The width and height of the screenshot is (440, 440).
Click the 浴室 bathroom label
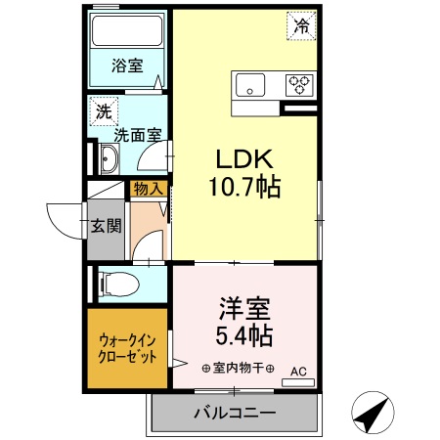click(127, 67)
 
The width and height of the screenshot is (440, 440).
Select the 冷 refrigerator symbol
click(302, 26)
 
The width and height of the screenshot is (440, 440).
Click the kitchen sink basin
click(250, 84)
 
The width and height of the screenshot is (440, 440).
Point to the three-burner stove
click(299, 85)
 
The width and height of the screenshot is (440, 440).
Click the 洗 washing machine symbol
click(102, 110)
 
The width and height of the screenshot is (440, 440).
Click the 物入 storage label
click(149, 190)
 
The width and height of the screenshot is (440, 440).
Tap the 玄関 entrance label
click(107, 227)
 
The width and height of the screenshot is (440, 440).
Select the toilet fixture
click(119, 284)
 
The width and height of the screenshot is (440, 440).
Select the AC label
click(298, 371)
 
